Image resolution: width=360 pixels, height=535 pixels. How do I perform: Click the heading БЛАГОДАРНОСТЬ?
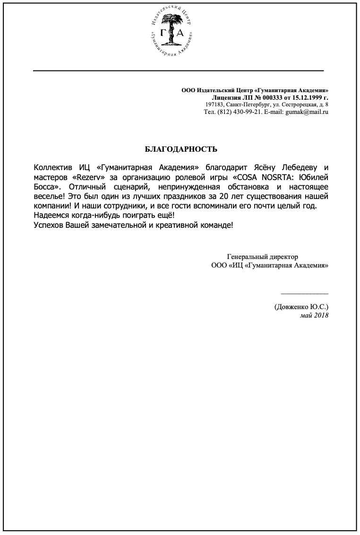pyautogui.click(x=181, y=150)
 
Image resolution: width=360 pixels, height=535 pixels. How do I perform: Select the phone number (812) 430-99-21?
pyautogui.click(x=239, y=112)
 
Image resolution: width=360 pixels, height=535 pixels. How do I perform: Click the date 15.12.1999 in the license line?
pyautogui.click(x=303, y=97)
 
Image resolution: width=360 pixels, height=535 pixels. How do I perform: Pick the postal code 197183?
pyautogui.click(x=215, y=104)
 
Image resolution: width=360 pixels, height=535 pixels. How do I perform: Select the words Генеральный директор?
pyautogui.click(x=263, y=257)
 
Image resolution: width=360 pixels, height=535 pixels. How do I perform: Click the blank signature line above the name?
pyautogui.click(x=304, y=293)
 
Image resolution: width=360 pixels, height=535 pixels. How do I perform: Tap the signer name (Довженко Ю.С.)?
pyautogui.click(x=301, y=307)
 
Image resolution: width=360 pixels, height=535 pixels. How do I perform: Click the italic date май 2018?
pyautogui.click(x=314, y=315)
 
